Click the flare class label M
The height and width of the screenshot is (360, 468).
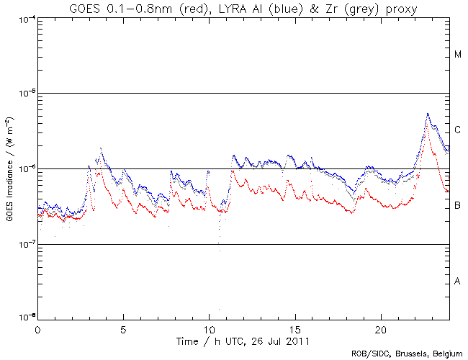pos(458,55)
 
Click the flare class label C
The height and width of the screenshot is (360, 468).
pos(458,130)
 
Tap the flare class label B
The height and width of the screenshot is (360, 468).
pos(458,206)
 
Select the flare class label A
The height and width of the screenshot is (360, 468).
pos(458,281)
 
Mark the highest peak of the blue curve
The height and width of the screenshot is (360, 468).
pos(428,114)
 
